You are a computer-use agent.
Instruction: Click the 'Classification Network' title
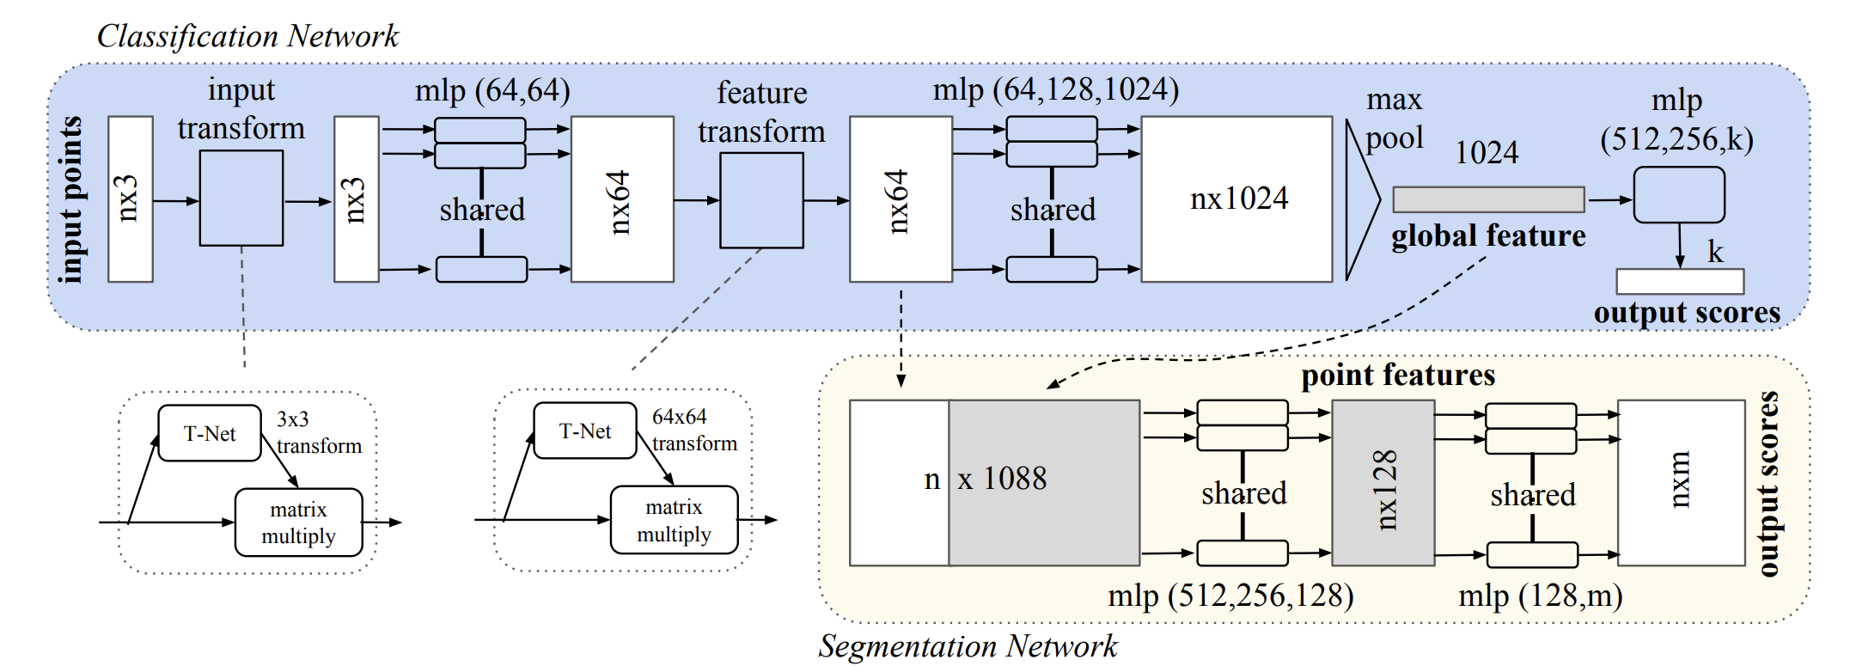click(247, 36)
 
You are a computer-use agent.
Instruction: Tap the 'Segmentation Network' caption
click(968, 646)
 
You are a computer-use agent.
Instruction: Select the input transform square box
click(241, 199)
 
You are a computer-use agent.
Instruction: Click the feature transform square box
click(761, 200)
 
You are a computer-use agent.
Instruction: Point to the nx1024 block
click(1236, 199)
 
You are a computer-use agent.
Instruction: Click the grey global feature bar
click(1488, 199)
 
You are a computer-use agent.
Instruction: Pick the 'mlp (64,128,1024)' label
click(1055, 89)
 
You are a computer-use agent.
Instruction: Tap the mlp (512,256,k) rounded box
click(1678, 195)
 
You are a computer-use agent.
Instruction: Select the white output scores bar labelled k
click(1679, 281)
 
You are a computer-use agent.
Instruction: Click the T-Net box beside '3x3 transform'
click(210, 433)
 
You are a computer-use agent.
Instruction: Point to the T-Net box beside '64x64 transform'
click(585, 431)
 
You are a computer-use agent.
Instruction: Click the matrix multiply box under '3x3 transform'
click(298, 522)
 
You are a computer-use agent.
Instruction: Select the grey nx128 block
click(1383, 483)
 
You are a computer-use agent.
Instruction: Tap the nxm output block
click(1681, 483)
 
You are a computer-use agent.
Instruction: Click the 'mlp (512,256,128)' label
click(1230, 596)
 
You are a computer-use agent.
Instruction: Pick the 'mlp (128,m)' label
click(1540, 596)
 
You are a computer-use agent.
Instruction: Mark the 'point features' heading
click(1398, 376)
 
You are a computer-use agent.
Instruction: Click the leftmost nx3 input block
click(131, 199)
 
